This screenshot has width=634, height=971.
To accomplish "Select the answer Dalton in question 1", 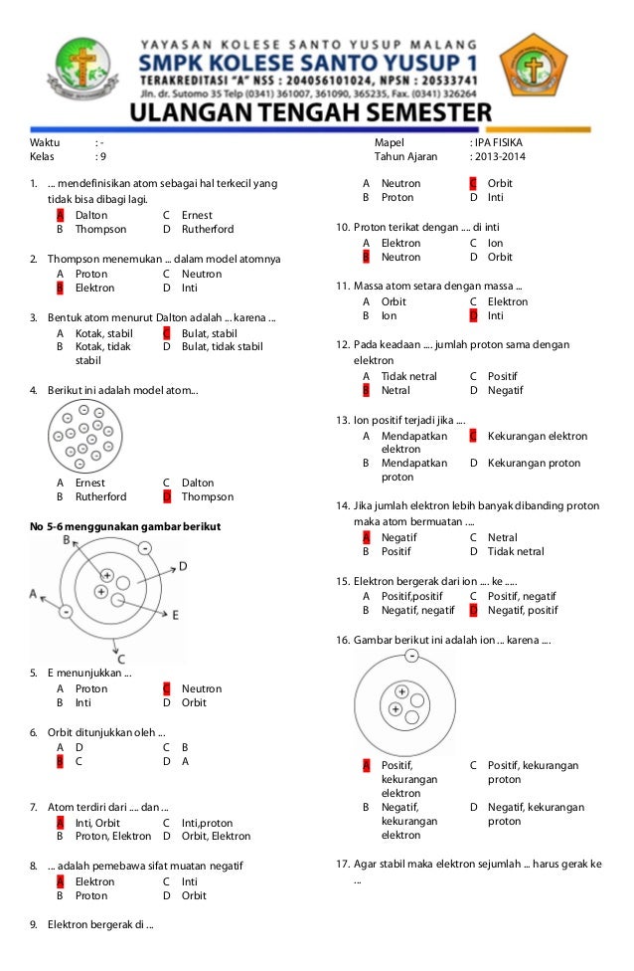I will pos(90,215).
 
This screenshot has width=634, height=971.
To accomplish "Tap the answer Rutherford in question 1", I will pos(207,229).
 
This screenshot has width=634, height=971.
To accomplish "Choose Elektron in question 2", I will pos(94,288).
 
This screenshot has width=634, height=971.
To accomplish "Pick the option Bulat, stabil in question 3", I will pos(209,333).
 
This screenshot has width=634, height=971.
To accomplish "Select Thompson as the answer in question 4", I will pos(207,496).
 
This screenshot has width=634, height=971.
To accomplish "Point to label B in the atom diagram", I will pos(67,539).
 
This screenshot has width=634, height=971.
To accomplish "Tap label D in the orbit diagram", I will pos(183,566).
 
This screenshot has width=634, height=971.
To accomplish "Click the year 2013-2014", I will pos(501,157).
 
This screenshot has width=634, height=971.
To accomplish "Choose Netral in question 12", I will pos(396,390).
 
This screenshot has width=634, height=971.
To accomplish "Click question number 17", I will pos(343,864).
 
